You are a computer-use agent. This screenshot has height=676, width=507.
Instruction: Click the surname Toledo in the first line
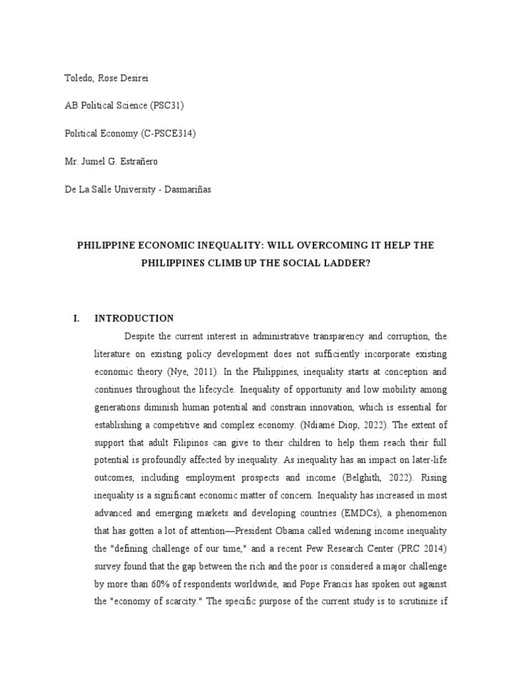click(79, 78)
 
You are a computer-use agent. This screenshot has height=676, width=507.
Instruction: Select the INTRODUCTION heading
click(134, 318)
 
